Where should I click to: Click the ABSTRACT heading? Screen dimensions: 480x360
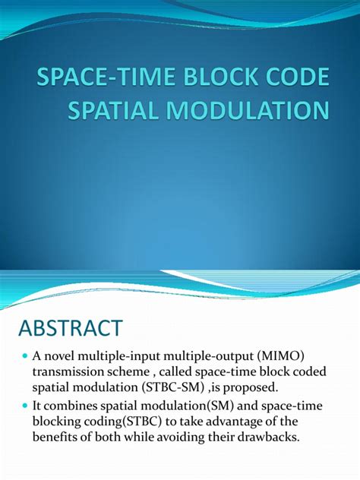[x=70, y=328]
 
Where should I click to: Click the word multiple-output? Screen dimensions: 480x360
[x=197, y=357]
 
